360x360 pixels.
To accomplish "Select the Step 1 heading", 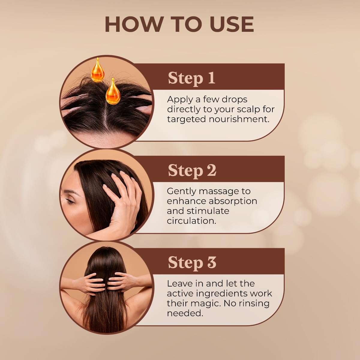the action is [192, 79].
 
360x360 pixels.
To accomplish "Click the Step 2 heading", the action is [192, 171].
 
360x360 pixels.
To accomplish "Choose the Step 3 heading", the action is [192, 263].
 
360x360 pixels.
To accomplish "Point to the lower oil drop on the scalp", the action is [113, 91].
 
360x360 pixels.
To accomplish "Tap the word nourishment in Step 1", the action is [239, 119].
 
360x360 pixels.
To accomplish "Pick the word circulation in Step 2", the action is [191, 221].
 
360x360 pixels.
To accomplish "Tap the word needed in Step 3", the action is [185, 313].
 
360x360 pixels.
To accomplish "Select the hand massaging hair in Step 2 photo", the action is [121, 202].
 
